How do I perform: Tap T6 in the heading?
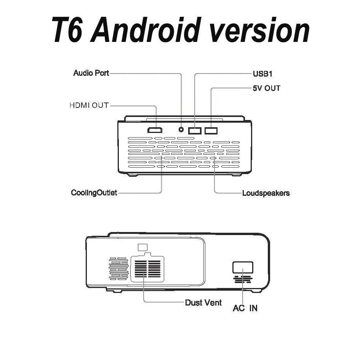[x=70, y=30]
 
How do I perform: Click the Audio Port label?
[x=91, y=73]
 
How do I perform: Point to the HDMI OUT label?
[x=89, y=105]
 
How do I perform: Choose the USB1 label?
[x=262, y=73]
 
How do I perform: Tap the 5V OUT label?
[x=266, y=88]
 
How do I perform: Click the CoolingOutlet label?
[x=94, y=192]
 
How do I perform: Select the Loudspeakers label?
[x=266, y=193]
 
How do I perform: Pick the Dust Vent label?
[x=203, y=303]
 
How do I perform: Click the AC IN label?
[x=245, y=308]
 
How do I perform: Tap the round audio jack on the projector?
[x=181, y=130]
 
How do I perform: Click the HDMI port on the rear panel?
[x=155, y=130]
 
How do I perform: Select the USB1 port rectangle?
[x=195, y=131]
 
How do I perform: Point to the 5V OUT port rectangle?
[x=211, y=131]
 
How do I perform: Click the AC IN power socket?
[x=243, y=267]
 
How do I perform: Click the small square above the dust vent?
[x=142, y=247]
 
